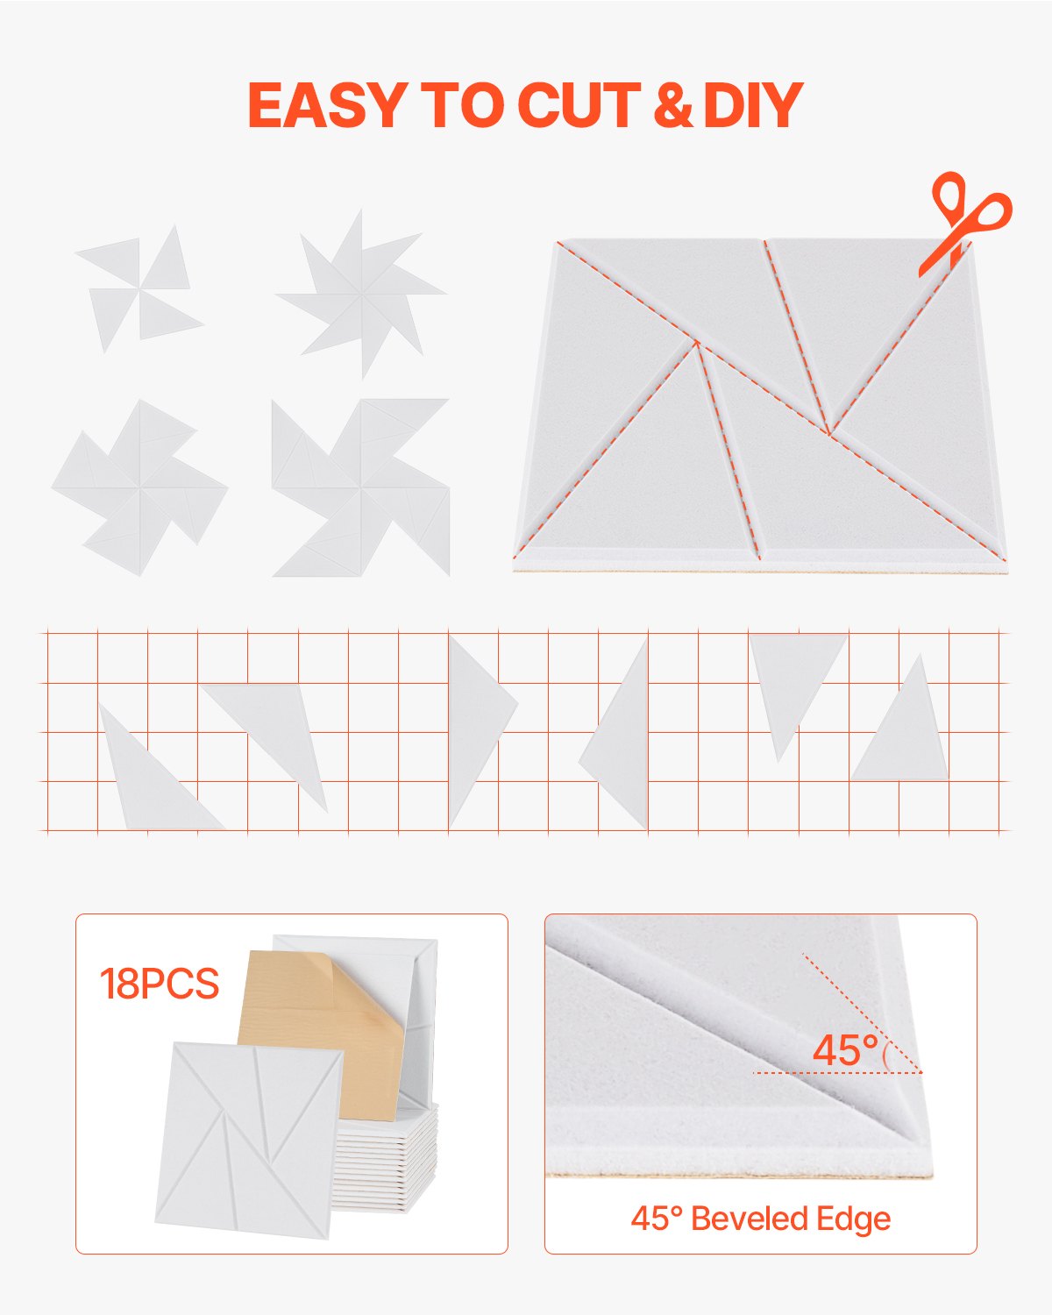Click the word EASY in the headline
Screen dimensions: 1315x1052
coord(324,105)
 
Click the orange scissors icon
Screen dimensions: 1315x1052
coord(964,221)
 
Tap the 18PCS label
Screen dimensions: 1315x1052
coord(159,984)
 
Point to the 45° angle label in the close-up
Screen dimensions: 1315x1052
coord(845,1050)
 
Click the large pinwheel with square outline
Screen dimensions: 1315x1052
coord(361,487)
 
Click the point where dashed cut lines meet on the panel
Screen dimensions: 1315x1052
coord(828,431)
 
